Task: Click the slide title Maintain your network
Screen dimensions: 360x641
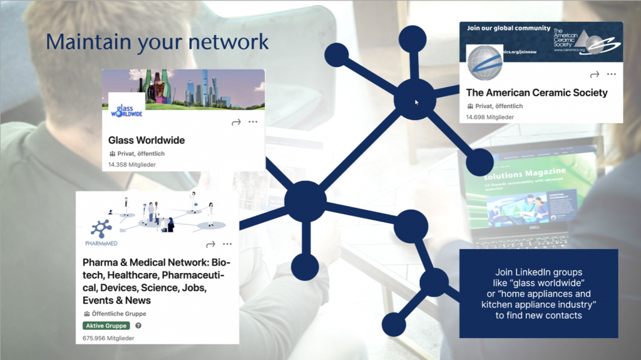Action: [x=157, y=42]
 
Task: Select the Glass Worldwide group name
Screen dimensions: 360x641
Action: [x=146, y=140]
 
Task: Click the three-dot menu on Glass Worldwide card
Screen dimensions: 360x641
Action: [x=253, y=122]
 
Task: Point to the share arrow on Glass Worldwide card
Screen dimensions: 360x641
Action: [x=236, y=122]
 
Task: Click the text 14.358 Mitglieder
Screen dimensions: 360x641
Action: [x=132, y=165]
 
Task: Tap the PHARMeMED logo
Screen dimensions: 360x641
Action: [x=100, y=232]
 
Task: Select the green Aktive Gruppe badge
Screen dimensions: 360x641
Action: [x=106, y=326]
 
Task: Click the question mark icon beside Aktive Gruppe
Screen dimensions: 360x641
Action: [x=138, y=326]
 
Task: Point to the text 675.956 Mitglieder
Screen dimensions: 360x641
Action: [x=108, y=338]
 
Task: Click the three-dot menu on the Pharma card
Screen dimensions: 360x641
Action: [x=227, y=244]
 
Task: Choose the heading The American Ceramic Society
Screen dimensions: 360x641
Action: [x=536, y=93]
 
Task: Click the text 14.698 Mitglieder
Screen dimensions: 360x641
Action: [x=490, y=117]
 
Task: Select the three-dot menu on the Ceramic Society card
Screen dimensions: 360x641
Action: [x=612, y=74]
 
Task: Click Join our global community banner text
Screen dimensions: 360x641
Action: [x=509, y=28]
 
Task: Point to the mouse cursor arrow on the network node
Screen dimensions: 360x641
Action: [x=417, y=102]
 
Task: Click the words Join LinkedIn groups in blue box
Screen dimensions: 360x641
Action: [x=538, y=272]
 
